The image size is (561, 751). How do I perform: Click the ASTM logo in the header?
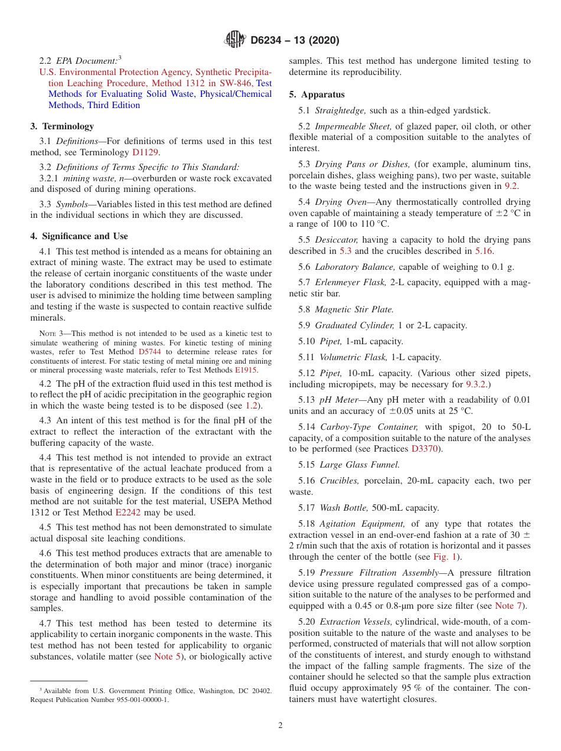tap(235, 40)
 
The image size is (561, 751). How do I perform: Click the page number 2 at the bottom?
tap(280, 726)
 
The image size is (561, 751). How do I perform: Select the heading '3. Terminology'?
tap(62, 126)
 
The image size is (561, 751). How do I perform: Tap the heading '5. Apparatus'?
tap(317, 94)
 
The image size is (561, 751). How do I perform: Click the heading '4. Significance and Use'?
tap(79, 236)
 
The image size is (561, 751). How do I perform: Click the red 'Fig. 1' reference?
tap(447, 557)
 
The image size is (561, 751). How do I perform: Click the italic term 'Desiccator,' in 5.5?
tap(337, 240)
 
